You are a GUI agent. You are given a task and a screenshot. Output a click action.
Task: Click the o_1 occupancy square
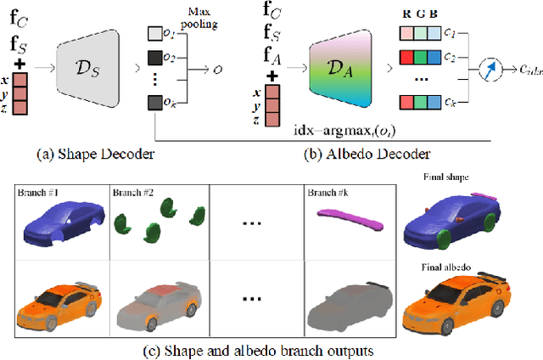(x=154, y=35)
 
